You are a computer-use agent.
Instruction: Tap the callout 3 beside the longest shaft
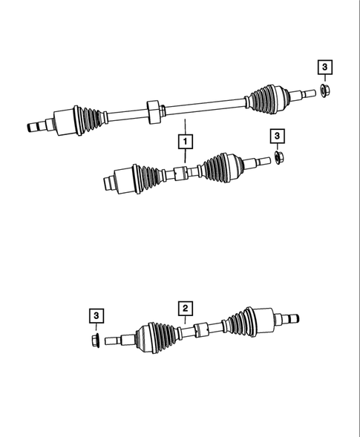(325, 69)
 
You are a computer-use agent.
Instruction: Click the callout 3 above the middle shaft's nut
(277, 135)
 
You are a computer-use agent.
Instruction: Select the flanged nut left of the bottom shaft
(96, 342)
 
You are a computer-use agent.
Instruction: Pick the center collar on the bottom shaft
(199, 331)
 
